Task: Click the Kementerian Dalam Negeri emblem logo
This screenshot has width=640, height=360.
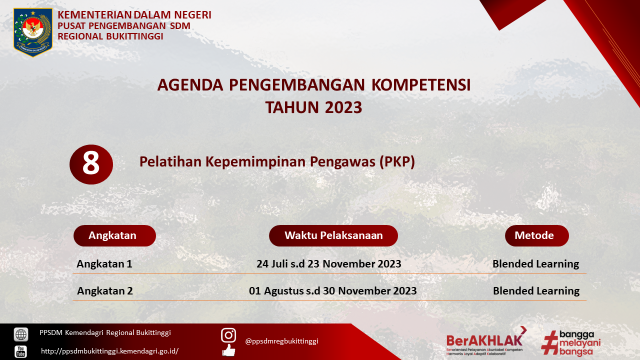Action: coord(33,32)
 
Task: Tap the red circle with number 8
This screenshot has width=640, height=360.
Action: coord(91,164)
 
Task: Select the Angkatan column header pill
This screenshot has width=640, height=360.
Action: coord(114,235)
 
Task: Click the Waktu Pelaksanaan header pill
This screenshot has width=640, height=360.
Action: coord(333,235)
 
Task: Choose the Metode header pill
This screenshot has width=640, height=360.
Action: coord(537,235)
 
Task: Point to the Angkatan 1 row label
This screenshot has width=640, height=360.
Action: coord(104,263)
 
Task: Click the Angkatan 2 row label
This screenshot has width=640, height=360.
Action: coord(105,291)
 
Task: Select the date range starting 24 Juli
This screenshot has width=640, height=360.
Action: coord(329,263)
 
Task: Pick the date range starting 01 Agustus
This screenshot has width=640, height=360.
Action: coord(333,291)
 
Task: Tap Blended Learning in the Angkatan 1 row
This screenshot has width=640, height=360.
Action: coord(535,264)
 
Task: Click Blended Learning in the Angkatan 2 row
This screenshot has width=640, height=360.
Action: coord(536,291)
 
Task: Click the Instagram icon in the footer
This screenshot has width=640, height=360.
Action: coord(228,335)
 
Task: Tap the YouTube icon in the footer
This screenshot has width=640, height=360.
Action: coord(21,351)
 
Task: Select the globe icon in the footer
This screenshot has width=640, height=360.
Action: coord(21,334)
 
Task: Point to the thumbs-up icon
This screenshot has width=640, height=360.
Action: coord(229,350)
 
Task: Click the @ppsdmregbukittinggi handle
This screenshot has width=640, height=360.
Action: coord(281,341)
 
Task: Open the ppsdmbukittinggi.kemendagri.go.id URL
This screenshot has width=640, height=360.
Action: coord(109,351)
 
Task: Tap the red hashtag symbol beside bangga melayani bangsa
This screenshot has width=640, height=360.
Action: coord(549,342)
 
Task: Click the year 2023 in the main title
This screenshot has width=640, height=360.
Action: coord(343,107)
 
